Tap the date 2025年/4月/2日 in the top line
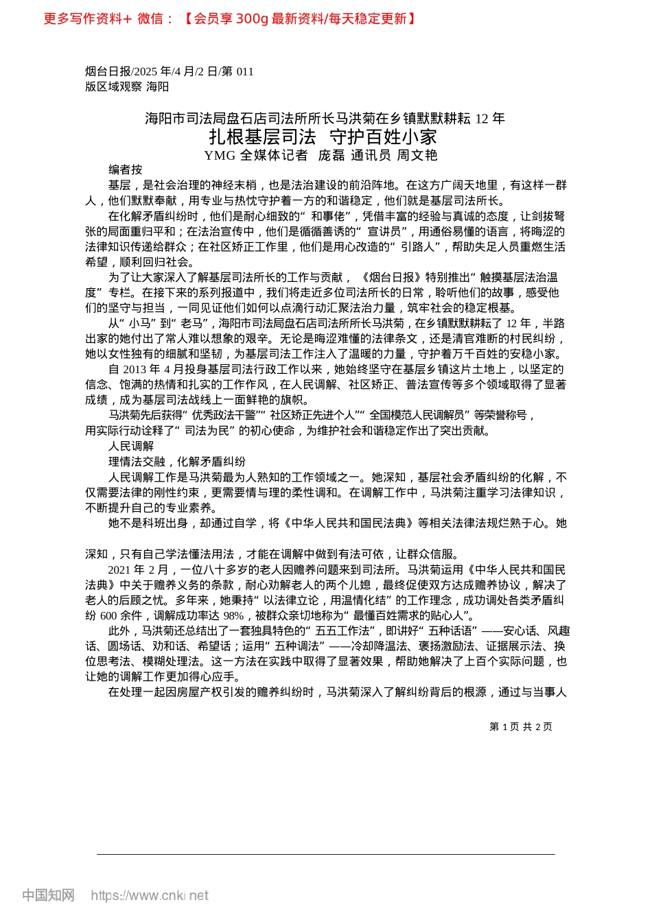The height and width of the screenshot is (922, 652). point(175,71)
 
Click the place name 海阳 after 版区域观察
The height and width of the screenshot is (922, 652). point(157,86)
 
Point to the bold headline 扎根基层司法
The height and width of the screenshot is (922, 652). point(263,137)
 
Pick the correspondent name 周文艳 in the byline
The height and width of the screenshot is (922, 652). point(417,155)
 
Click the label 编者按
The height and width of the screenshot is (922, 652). point(125,169)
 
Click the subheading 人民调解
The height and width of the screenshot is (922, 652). point(130,446)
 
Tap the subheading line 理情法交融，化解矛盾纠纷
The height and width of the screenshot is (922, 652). point(176,462)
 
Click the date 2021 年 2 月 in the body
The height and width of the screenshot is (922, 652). point(138,569)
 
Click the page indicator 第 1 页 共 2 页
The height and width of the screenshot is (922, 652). point(520,726)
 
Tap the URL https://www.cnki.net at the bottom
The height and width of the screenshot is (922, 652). point(149,895)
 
